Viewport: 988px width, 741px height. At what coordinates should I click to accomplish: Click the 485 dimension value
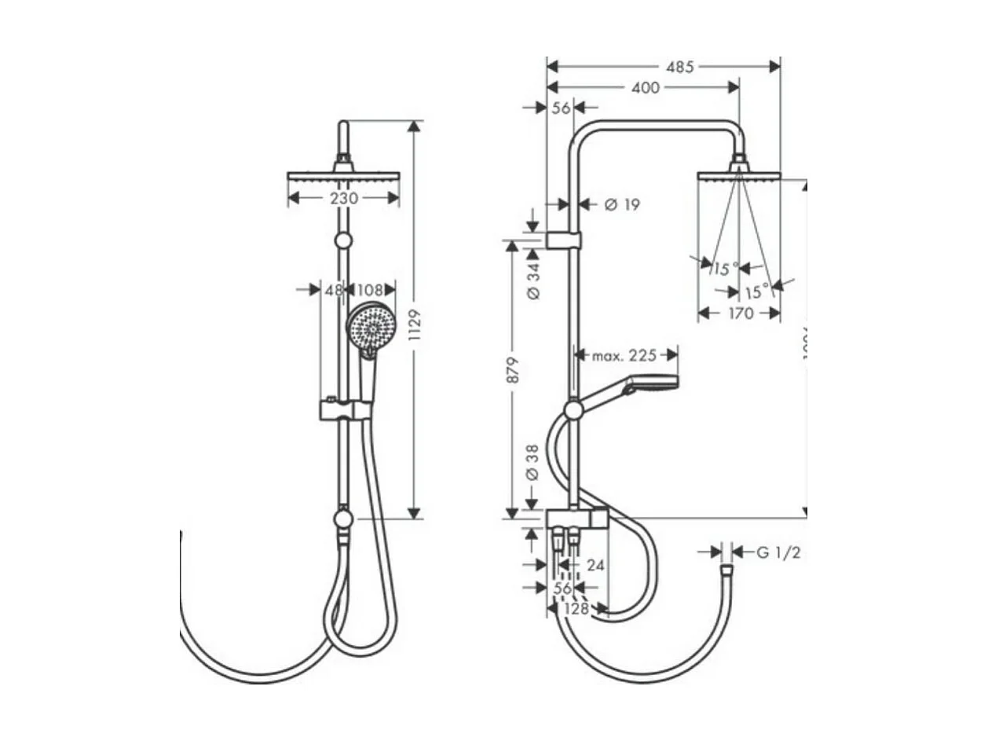coord(679,67)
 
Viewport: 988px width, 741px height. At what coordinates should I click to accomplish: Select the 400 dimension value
coord(646,88)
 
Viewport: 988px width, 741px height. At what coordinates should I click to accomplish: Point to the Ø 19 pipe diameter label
coord(622,205)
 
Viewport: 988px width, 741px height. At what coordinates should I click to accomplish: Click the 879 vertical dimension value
coord(512,370)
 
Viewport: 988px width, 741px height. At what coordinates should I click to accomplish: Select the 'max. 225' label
coord(624,356)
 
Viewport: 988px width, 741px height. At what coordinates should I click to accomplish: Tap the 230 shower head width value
coord(344,199)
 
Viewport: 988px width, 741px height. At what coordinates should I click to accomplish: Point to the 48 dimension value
coord(334,290)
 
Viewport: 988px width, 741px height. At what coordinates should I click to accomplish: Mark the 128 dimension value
coord(577,608)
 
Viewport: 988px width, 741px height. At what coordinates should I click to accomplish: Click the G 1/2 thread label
coord(778,553)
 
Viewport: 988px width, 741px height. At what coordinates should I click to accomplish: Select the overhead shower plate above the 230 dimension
coord(344,176)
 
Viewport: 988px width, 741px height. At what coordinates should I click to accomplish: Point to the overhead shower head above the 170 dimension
coord(738,175)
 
